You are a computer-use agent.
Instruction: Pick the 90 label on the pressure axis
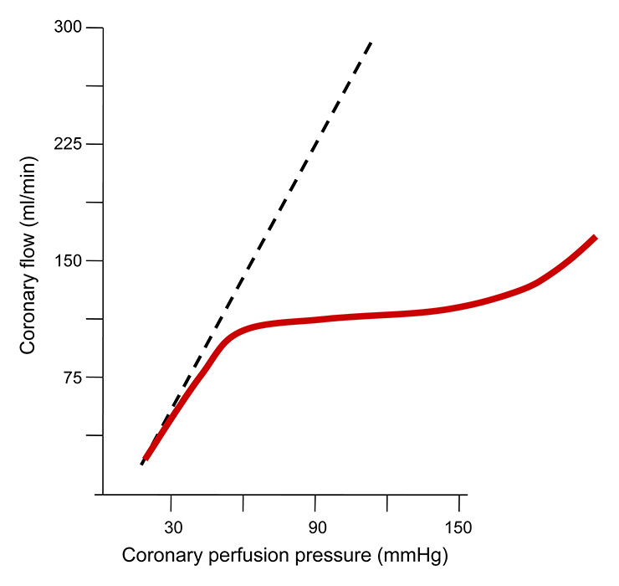click(315, 528)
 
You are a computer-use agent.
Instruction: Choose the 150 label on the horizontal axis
click(458, 528)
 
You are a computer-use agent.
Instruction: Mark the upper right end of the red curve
click(595, 238)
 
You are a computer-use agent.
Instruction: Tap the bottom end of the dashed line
click(142, 463)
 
